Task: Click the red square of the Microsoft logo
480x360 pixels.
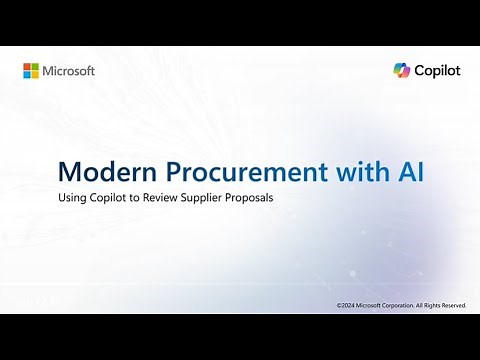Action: click(27, 67)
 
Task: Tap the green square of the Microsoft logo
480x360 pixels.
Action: click(35, 67)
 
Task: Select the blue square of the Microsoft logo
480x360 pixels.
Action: click(27, 75)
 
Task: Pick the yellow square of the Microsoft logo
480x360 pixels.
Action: click(35, 75)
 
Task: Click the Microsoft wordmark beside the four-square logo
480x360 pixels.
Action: click(69, 71)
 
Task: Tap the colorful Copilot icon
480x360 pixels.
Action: click(401, 71)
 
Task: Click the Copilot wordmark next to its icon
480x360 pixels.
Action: click(437, 71)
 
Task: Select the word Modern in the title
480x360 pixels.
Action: click(98, 171)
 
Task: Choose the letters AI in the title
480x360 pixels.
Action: click(410, 171)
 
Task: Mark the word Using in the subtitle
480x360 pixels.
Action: click(73, 197)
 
